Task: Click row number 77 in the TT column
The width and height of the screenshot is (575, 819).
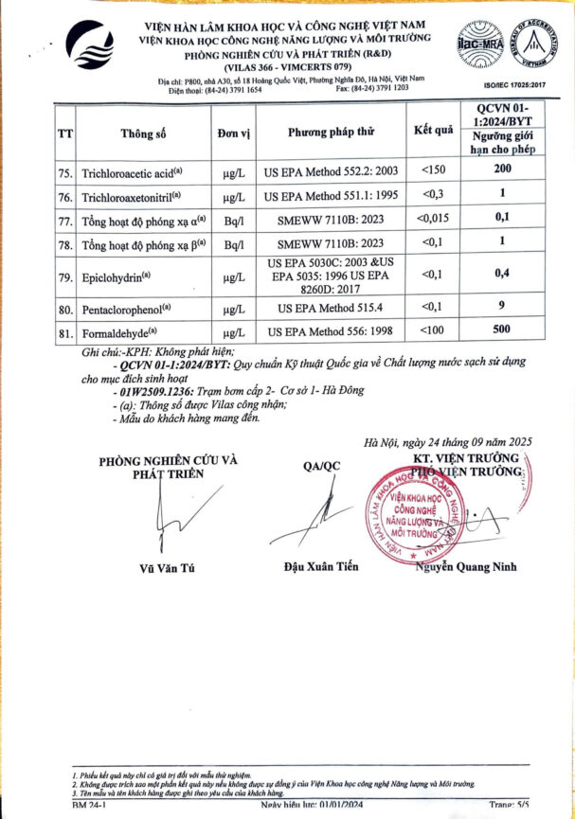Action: tap(65, 222)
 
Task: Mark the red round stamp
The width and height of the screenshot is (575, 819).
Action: tap(414, 517)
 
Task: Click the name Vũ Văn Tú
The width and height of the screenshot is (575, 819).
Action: tap(169, 568)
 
